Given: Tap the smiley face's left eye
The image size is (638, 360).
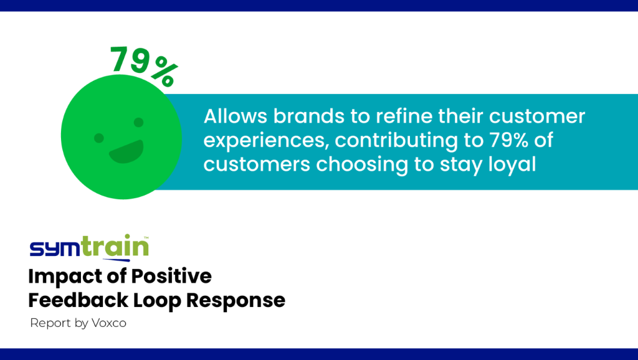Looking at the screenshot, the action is (x=99, y=138).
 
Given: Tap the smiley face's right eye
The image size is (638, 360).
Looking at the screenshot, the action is (x=139, y=122).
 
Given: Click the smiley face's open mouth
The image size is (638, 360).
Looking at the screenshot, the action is (x=126, y=152).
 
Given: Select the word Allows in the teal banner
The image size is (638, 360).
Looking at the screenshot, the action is (x=235, y=116).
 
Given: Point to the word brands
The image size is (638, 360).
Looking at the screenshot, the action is (x=309, y=116).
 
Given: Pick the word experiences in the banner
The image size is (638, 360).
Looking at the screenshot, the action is (x=266, y=141).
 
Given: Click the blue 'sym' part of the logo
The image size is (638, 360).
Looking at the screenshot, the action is (x=55, y=248).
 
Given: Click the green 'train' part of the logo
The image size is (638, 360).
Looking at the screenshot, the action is (x=115, y=245).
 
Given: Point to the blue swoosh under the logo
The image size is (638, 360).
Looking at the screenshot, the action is (x=116, y=259).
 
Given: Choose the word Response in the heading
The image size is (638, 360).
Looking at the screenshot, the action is (x=236, y=301).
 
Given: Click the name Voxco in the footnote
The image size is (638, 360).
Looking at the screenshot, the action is (x=109, y=323).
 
